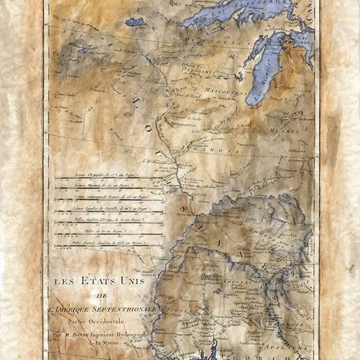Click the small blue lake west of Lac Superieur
(134, 22)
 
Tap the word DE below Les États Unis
(102, 296)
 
